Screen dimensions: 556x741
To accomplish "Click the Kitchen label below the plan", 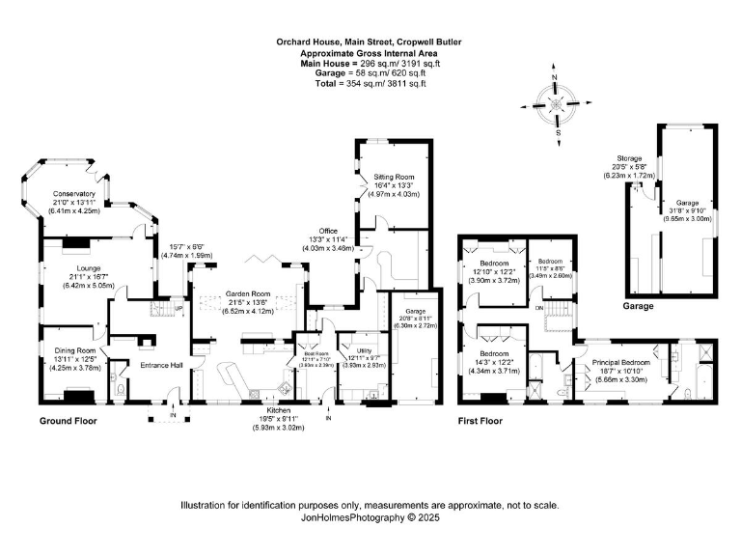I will click(278, 410).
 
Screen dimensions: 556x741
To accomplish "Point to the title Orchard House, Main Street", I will click(370, 42).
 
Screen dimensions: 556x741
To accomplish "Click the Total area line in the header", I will click(370, 84).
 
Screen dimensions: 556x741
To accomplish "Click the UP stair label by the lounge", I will click(179, 309).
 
